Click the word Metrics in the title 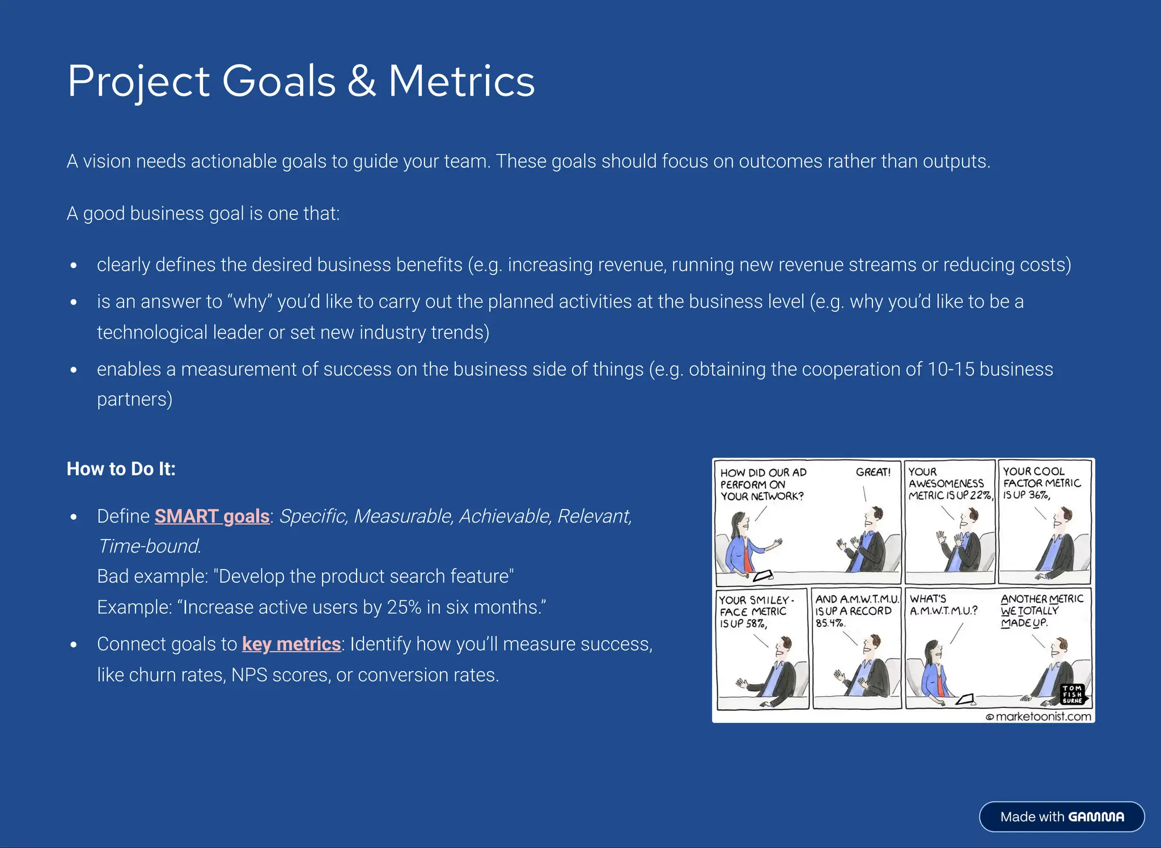point(461,81)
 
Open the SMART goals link point(212,516)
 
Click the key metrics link point(291,645)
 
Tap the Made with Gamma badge point(1062,817)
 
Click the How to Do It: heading point(121,469)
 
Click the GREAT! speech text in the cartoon point(873,472)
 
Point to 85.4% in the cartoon point(830,623)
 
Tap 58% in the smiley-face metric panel point(756,624)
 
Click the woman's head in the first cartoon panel point(740,520)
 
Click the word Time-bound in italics point(149,546)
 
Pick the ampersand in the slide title point(362,81)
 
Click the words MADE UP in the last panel point(1024,623)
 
